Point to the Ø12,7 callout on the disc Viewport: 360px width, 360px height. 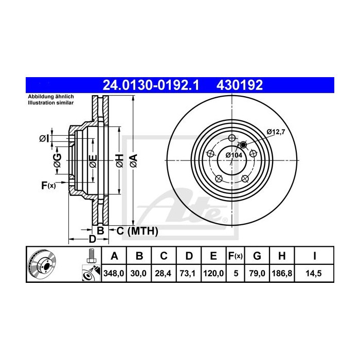click(276, 133)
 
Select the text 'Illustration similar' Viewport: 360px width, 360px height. click(51, 103)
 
